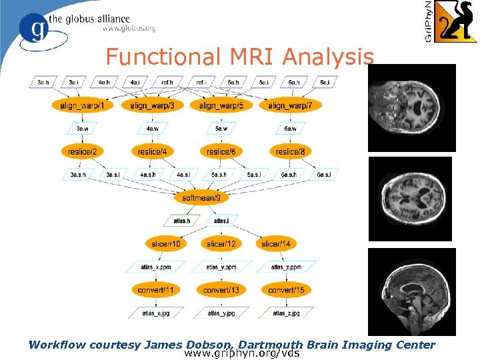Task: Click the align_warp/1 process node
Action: coord(81,105)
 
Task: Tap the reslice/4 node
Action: coord(152,152)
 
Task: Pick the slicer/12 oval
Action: coord(221,244)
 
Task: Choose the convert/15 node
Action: coord(286,290)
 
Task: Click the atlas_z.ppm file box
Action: coord(286,267)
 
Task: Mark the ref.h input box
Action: coord(167,82)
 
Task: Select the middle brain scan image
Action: coord(415,199)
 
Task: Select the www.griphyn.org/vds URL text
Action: coord(242,353)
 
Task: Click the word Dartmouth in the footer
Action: coord(270,345)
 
